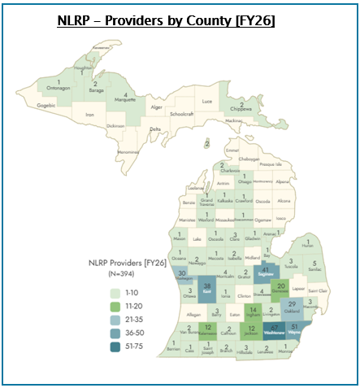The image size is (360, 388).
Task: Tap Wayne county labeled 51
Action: tap(295, 328)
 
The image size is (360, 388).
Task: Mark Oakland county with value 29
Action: tap(293, 306)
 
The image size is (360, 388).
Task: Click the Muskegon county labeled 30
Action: tap(182, 276)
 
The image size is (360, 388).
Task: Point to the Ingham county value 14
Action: tap(253, 311)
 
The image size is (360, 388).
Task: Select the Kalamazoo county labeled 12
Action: tap(209, 329)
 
